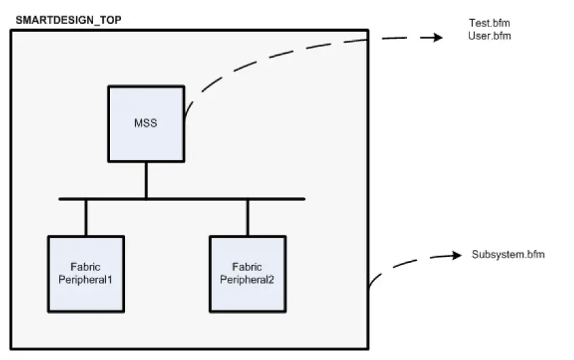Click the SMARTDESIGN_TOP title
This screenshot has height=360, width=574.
point(68,20)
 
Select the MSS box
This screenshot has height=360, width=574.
point(146,124)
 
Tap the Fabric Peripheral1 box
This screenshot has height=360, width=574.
point(86,273)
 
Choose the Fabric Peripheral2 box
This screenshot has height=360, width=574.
point(247,273)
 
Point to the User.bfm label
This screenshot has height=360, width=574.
point(488,35)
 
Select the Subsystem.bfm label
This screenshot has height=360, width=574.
point(508,255)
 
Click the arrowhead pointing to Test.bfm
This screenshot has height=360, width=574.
point(435,38)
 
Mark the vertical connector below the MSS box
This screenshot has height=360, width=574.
point(146,180)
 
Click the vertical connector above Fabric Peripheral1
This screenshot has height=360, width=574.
point(86,217)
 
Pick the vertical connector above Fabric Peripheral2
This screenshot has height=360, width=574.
point(247,217)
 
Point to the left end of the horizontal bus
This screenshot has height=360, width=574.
point(61,199)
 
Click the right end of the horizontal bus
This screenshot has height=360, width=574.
point(303,199)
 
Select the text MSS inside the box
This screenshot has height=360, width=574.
point(146,124)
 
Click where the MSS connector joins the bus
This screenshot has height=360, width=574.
point(146,198)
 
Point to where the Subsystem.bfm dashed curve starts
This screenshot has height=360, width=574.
point(369,288)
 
